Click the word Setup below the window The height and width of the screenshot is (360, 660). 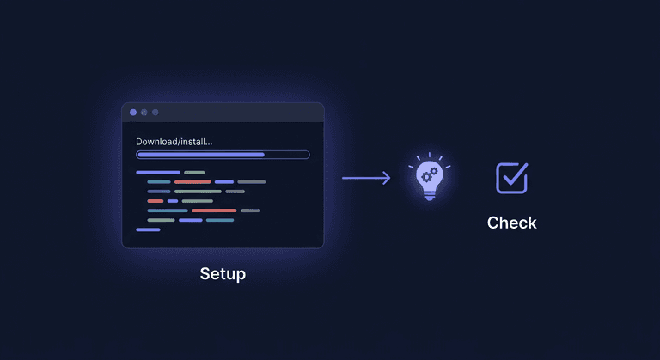(x=223, y=274)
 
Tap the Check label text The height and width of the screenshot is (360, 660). (x=511, y=223)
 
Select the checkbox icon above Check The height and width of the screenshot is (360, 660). (x=512, y=177)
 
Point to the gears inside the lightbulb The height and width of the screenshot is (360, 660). (x=428, y=176)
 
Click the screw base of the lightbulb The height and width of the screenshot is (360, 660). (x=429, y=195)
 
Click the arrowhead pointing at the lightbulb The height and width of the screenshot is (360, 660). (x=387, y=178)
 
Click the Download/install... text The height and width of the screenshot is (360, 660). (x=174, y=142)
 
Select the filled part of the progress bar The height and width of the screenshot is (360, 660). (x=200, y=155)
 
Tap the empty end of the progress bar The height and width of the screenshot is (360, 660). (x=287, y=155)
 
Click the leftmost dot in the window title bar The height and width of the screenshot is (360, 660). (x=133, y=112)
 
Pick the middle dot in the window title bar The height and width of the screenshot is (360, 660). (x=144, y=112)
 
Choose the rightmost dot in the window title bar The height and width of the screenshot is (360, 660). (x=155, y=112)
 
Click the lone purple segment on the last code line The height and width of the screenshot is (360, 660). (x=148, y=229)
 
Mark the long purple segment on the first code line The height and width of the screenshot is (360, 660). (x=158, y=173)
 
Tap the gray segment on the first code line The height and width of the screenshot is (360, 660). (x=194, y=173)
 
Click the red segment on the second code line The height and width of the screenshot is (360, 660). (x=192, y=182)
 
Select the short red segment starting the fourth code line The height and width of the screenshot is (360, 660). (x=156, y=201)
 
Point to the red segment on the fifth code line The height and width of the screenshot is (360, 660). (x=214, y=211)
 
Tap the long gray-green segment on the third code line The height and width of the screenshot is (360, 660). (x=198, y=192)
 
